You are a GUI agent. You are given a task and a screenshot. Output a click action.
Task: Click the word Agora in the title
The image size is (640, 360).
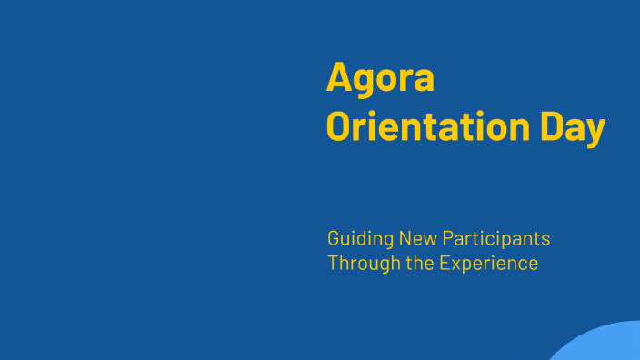[x=380, y=79]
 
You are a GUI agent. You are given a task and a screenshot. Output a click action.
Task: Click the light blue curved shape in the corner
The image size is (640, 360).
[x=605, y=345]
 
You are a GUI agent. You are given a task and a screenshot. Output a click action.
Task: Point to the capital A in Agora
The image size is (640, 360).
[x=339, y=78]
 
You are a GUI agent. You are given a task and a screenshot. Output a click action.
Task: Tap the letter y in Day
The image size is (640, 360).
[x=595, y=131]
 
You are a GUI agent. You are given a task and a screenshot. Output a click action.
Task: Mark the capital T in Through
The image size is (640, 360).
[x=334, y=264]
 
